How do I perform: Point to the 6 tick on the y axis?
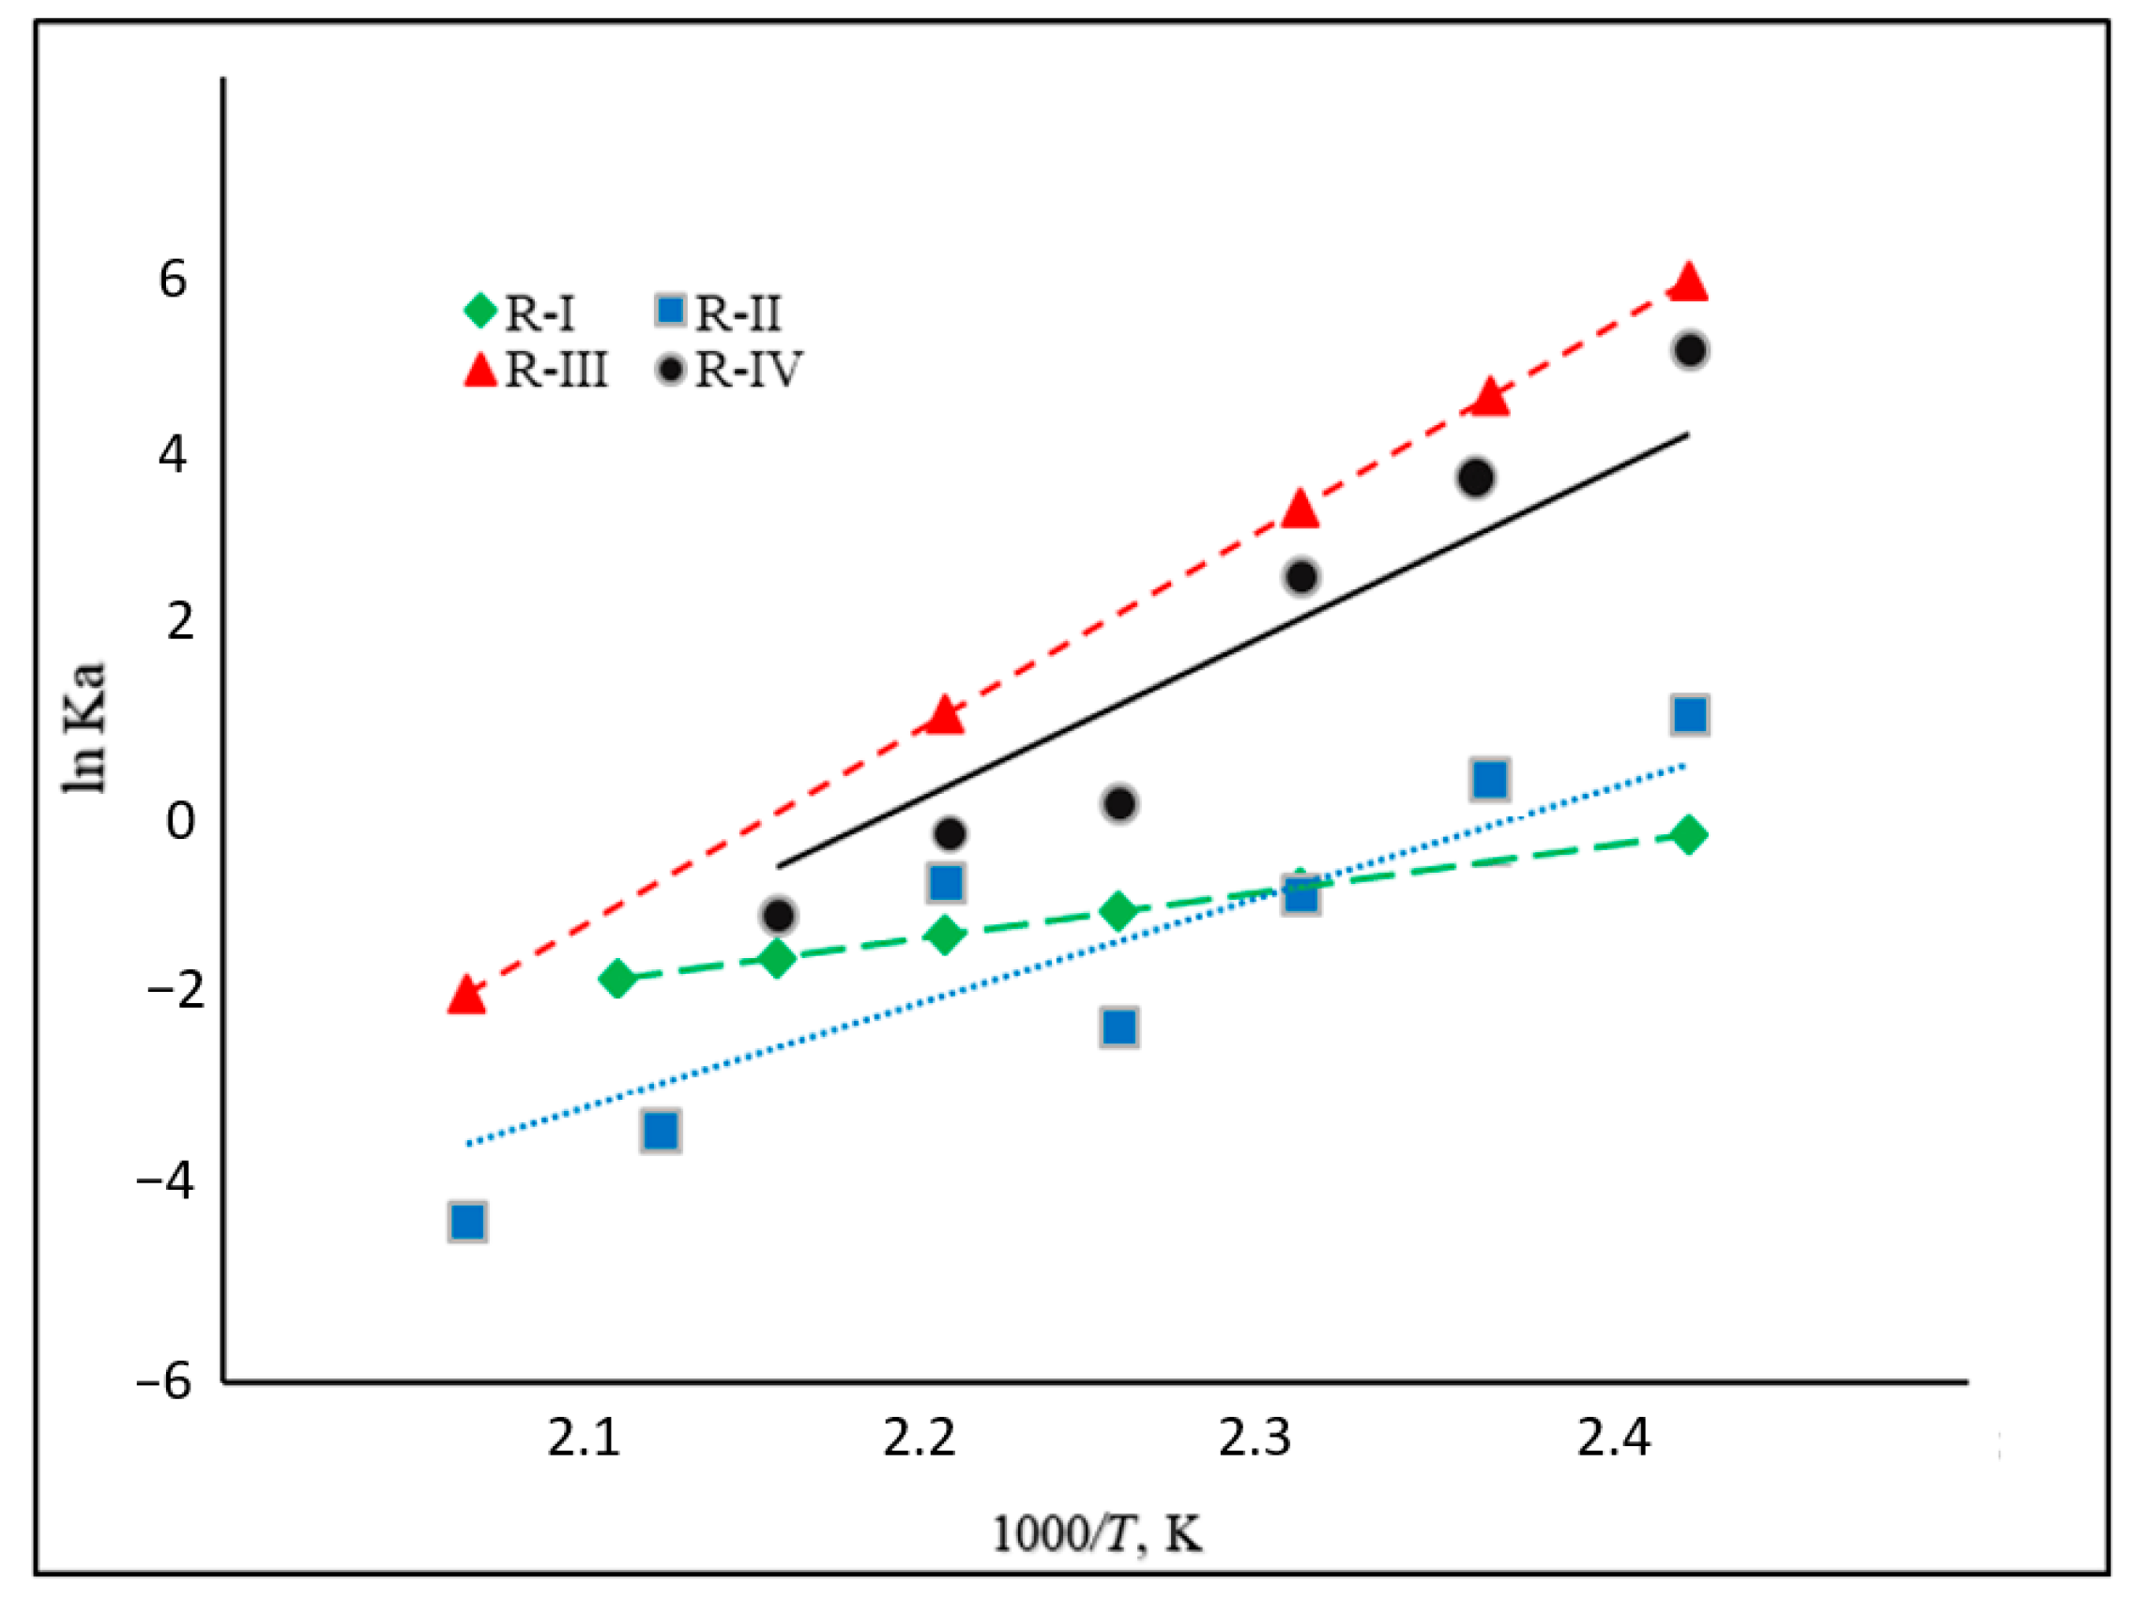pyautogui.click(x=173, y=280)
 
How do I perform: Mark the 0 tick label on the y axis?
pyautogui.click(x=180, y=820)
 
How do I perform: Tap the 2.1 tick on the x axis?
pyautogui.click(x=584, y=1438)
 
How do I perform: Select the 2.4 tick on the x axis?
pyautogui.click(x=1613, y=1438)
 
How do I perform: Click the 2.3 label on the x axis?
pyautogui.click(x=1255, y=1438)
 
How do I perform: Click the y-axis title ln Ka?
pyautogui.click(x=84, y=728)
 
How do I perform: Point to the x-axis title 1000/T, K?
pyautogui.click(x=1097, y=1534)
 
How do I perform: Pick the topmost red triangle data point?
pyautogui.click(x=1688, y=283)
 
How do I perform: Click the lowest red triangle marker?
pyautogui.click(x=466, y=995)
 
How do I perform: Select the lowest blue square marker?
pyautogui.click(x=467, y=1222)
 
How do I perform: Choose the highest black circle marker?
pyautogui.click(x=1690, y=350)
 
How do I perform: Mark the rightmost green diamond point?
pyautogui.click(x=1688, y=835)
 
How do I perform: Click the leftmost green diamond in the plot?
pyautogui.click(x=617, y=980)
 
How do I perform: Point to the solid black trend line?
pyautogui.click(x=1233, y=651)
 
